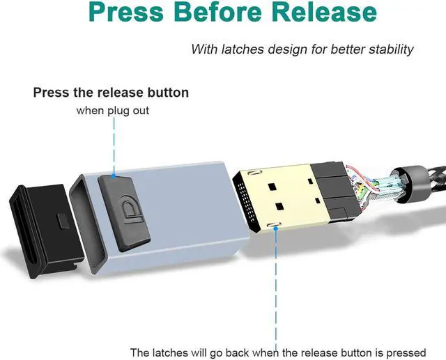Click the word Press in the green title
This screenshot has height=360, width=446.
tap(126, 12)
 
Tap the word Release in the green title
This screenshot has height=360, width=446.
tap(324, 12)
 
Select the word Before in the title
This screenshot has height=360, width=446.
tap(217, 12)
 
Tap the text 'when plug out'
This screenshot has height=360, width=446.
tap(113, 111)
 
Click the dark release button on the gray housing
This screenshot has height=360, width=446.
tap(124, 212)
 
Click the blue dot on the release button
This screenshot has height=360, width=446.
tap(114, 176)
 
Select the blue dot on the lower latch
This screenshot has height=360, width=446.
tap(275, 228)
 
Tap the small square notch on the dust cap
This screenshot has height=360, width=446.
tap(63, 220)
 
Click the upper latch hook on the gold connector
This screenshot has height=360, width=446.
tap(254, 172)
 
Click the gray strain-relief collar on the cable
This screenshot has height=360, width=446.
tap(410, 184)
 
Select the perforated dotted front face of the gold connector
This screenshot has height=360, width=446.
tap(245, 203)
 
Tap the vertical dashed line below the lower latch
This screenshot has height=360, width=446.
tap(276, 287)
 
